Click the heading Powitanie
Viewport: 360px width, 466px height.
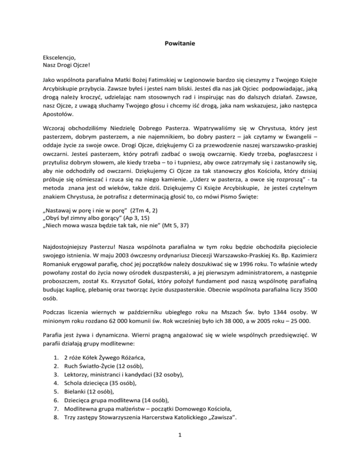coord(180,44)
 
